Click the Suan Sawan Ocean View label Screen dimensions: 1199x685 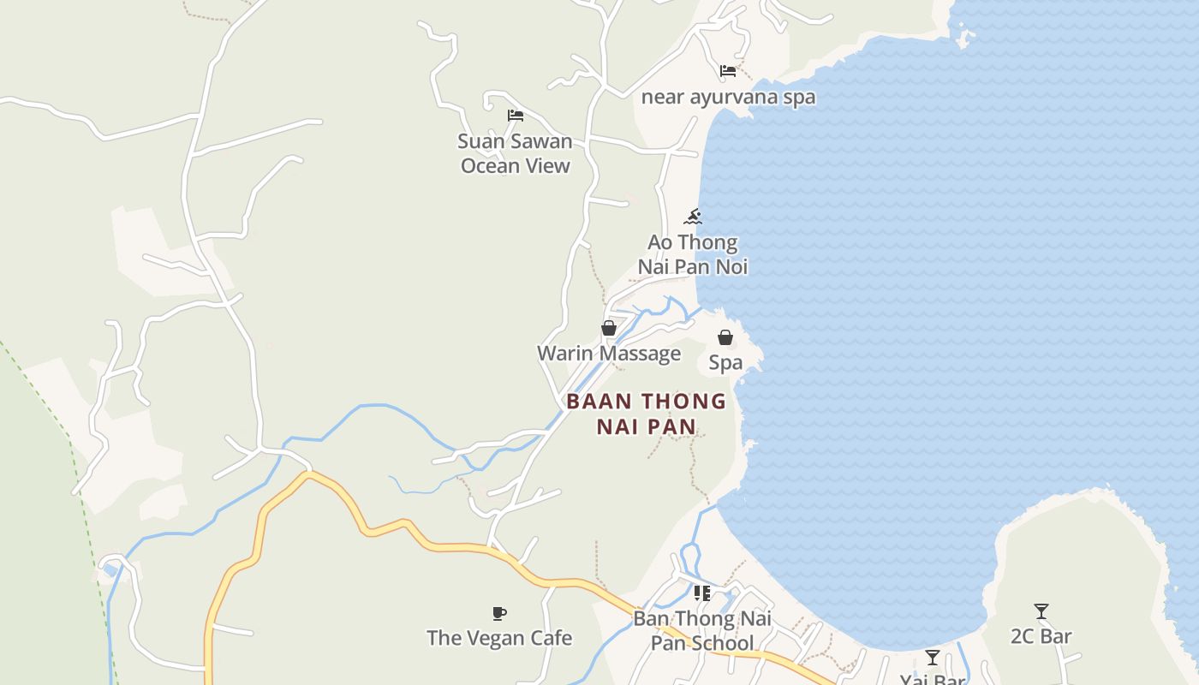[515, 153]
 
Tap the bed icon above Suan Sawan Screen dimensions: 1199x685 [515, 116]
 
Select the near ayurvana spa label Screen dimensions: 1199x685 [728, 97]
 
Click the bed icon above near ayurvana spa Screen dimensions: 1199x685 [728, 70]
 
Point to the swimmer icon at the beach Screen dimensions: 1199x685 [693, 217]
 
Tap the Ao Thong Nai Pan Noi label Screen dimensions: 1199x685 [692, 254]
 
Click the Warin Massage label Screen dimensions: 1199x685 [609, 353]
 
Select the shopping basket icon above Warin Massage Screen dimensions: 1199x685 [609, 328]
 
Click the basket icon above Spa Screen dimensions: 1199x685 [725, 337]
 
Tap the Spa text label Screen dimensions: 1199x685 [725, 362]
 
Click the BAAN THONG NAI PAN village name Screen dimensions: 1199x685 [646, 414]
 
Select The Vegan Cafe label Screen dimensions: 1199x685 [499, 638]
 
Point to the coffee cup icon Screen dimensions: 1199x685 [499, 613]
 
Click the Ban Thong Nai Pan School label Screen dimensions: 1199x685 [701, 630]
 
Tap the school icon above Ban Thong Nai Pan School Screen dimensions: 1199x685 [702, 593]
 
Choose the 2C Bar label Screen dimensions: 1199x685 [1041, 636]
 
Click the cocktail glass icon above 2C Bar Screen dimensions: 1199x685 [1041, 611]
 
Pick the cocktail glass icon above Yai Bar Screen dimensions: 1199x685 [933, 658]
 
